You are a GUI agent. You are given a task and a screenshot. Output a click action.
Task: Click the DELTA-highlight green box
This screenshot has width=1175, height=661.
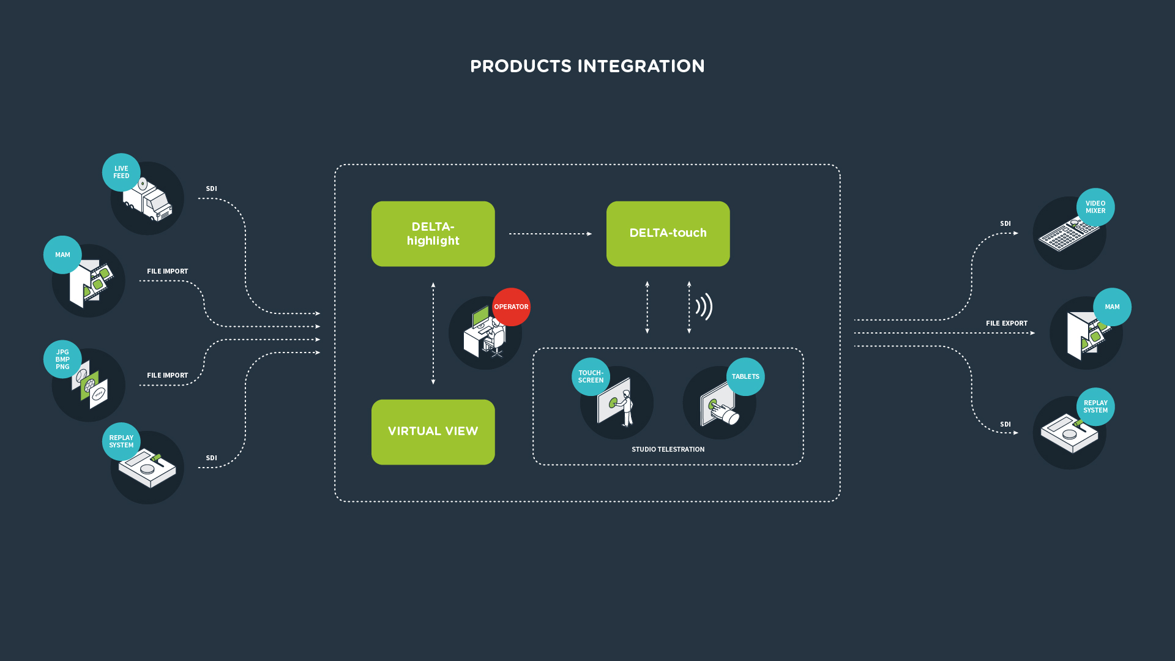433,234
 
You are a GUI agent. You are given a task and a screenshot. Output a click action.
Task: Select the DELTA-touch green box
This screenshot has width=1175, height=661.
668,234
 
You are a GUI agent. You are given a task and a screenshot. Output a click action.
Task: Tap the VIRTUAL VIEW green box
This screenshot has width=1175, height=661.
433,432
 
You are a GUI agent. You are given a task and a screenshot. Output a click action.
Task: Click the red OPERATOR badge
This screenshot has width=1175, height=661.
511,307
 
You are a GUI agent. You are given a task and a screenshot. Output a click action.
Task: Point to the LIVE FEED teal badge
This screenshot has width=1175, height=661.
121,172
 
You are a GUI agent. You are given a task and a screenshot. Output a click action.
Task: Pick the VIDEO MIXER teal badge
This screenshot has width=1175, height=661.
1095,207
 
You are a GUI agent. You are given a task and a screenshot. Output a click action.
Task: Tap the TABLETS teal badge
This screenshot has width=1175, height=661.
745,376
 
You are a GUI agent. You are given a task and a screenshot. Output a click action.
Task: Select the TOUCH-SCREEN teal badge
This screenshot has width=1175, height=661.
591,376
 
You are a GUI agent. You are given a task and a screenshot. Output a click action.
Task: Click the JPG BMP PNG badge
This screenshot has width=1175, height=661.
62,359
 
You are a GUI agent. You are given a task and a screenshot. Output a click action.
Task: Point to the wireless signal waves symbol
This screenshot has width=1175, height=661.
704,307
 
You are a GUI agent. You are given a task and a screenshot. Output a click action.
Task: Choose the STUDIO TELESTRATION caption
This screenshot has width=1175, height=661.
668,449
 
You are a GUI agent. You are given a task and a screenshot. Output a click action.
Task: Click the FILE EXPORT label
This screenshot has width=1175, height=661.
1006,323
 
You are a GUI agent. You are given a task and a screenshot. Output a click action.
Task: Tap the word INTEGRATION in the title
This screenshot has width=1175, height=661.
641,66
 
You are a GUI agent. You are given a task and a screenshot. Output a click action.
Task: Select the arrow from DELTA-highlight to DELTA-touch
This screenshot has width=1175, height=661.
550,234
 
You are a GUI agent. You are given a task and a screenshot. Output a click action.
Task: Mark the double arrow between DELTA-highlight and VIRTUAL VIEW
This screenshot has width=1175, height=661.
433,334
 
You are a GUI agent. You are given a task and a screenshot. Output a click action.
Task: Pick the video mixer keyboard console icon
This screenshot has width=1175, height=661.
1069,235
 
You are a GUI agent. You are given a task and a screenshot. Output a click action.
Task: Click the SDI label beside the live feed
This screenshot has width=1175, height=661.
211,189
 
